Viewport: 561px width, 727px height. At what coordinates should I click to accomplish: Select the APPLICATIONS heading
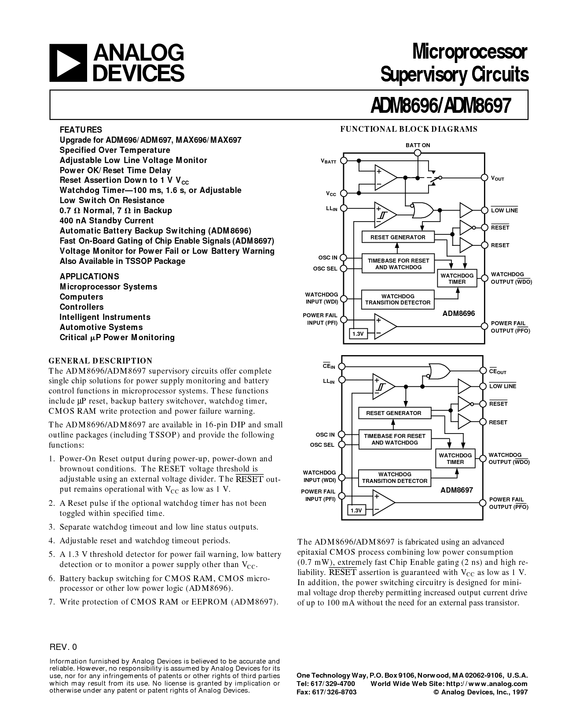tap(89, 277)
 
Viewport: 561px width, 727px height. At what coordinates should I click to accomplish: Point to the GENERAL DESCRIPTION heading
tap(101, 361)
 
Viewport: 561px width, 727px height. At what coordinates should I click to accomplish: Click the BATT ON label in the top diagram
tap(418, 145)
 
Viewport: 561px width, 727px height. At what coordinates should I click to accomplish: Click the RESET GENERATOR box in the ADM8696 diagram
tap(398, 237)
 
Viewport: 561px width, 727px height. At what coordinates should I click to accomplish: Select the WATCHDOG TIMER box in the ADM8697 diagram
tap(455, 459)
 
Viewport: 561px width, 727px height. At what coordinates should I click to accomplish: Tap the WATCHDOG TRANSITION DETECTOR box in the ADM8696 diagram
tap(398, 299)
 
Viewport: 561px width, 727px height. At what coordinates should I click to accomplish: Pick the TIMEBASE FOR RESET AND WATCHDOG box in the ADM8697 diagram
tap(395, 439)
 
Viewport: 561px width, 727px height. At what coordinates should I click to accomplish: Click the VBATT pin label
tap(329, 162)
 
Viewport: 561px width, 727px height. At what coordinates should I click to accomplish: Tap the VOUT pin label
tap(498, 178)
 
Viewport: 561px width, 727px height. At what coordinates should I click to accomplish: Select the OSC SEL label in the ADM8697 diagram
tap(322, 445)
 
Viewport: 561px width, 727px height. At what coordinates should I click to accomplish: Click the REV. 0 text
tap(63, 647)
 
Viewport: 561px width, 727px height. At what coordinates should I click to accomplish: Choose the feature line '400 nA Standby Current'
tap(107, 221)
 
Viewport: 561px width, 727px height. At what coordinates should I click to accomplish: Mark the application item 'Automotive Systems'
tap(101, 327)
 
